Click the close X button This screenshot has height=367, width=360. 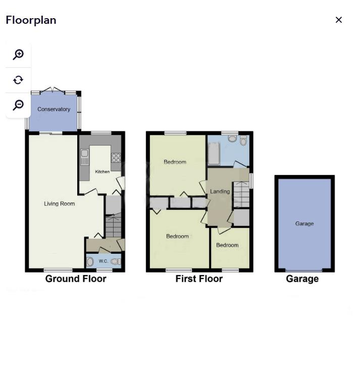[339, 20]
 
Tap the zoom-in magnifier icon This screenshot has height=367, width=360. [19, 55]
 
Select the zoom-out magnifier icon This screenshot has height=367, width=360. [19, 105]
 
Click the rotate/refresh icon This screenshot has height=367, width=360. [19, 80]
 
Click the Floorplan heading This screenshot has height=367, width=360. [31, 20]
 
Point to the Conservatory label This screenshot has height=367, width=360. [54, 109]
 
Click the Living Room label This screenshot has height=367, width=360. [59, 204]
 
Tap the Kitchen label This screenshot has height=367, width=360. [102, 172]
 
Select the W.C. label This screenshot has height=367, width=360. [103, 261]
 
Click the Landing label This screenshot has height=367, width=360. [220, 192]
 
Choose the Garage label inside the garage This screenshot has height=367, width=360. [304, 223]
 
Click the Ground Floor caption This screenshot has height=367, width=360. [76, 279]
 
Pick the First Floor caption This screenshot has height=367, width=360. [199, 279]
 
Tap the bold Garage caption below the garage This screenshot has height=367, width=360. [302, 279]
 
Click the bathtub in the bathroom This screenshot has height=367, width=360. [214, 153]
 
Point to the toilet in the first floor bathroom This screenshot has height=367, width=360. [243, 140]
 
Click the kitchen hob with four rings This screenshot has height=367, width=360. [116, 157]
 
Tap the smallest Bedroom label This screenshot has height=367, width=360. [227, 245]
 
